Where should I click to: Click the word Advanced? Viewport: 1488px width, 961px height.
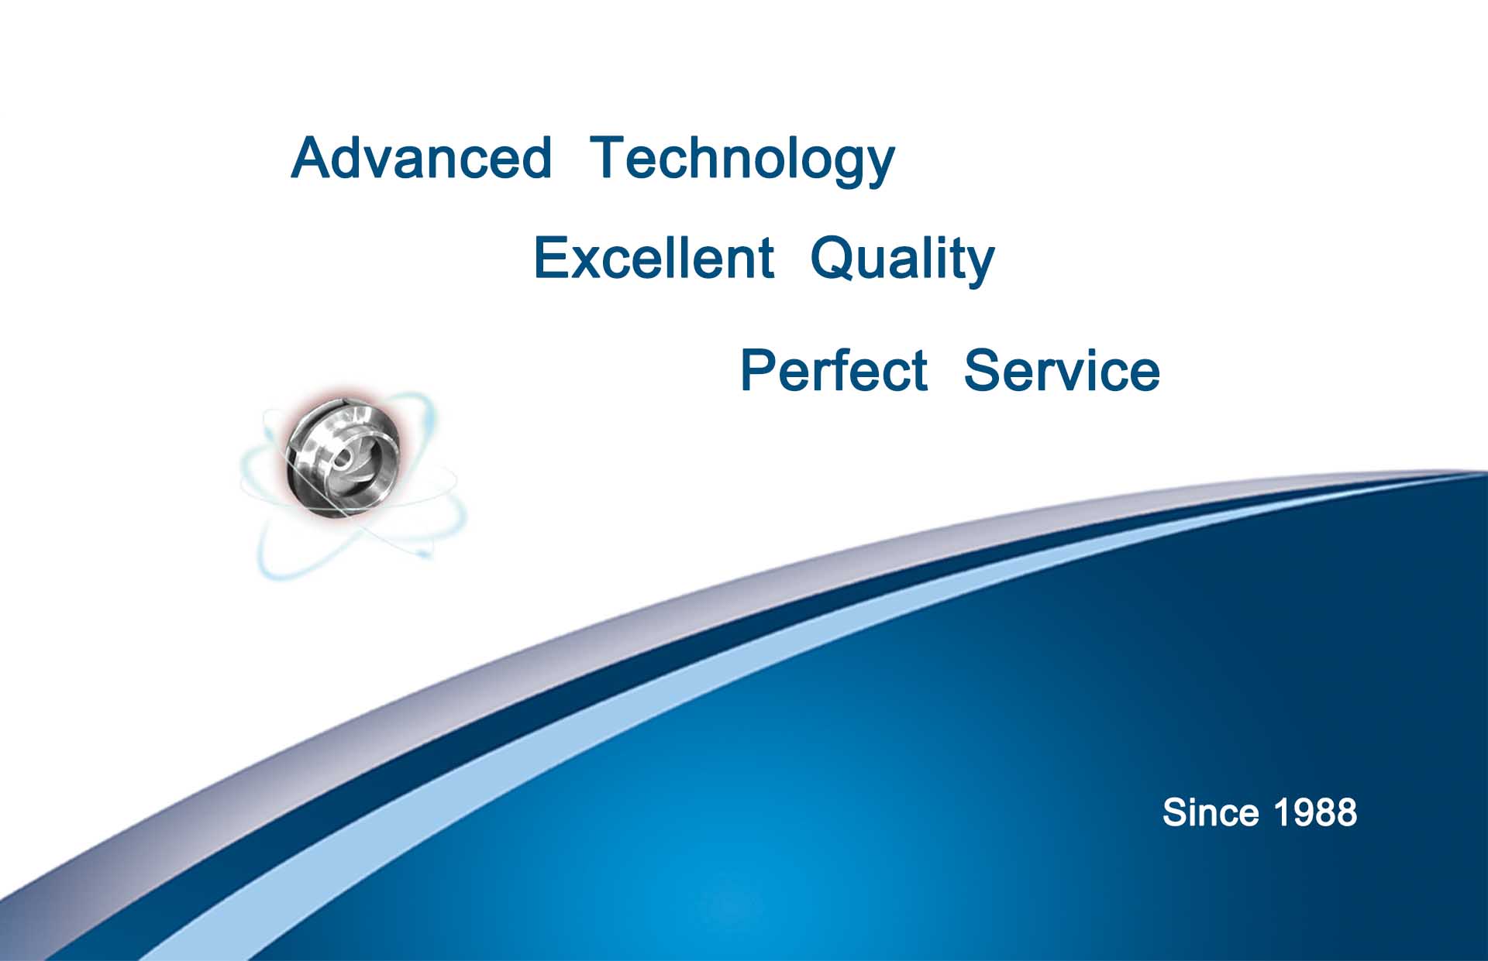tap(422, 158)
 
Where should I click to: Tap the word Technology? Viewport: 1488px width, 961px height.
tap(742, 161)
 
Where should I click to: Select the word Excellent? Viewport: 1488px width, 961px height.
tap(653, 258)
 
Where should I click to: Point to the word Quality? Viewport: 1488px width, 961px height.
tap(902, 261)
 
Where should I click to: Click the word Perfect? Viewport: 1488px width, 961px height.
tap(834, 370)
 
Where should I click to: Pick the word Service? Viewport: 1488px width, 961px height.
tap(1062, 370)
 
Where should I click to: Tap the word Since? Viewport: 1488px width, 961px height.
tap(1211, 812)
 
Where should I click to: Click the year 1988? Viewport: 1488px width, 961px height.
tap(1315, 812)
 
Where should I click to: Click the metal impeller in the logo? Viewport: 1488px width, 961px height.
tap(344, 456)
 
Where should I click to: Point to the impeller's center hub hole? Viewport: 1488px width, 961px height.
tap(341, 459)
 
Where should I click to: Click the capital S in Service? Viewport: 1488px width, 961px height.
tap(983, 370)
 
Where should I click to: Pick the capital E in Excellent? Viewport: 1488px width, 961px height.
tap(551, 258)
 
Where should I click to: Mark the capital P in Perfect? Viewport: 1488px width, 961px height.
tap(759, 370)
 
